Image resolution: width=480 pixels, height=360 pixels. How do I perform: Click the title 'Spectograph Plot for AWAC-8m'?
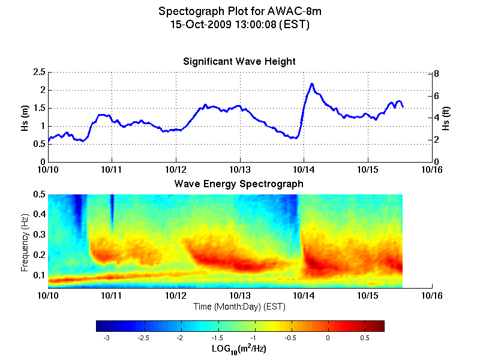239,11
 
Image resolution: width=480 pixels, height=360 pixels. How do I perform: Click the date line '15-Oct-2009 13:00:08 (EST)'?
239,25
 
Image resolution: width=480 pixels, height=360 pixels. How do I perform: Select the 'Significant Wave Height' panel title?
239,62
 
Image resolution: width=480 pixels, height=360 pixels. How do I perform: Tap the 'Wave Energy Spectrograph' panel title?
239,184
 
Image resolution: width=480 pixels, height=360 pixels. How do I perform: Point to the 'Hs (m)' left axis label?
25,117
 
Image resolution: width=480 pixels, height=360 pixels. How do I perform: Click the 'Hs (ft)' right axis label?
446,117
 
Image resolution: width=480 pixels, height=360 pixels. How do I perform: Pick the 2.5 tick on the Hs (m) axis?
39,72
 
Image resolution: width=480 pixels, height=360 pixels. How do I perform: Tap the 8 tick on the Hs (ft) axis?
437,74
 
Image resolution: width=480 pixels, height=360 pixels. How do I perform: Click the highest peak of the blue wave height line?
312,84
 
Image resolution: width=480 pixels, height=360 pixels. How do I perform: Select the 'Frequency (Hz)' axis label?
25,241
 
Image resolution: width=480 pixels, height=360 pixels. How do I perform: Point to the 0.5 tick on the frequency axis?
39,194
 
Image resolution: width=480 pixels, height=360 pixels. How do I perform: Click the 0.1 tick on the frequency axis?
39,275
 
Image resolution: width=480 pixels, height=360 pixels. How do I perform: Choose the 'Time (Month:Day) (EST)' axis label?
239,307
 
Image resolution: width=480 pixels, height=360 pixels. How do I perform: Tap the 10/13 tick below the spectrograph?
240,296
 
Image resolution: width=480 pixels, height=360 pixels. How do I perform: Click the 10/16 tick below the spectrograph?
432,296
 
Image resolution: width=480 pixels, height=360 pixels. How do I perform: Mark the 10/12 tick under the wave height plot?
176,170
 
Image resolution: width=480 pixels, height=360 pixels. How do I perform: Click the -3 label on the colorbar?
107,338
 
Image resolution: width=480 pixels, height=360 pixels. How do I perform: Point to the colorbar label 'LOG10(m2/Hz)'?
239,349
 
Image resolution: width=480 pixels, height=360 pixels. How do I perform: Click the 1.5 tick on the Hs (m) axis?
39,108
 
